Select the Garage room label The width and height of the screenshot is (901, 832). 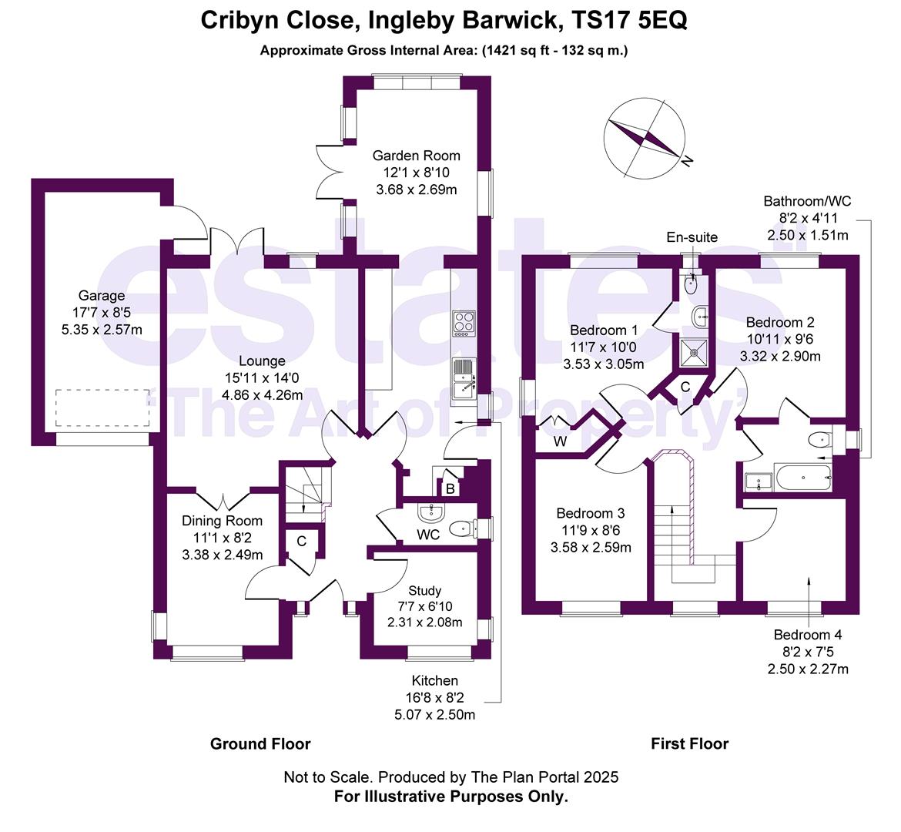[x=101, y=296]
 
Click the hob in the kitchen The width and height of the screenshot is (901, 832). [x=463, y=322]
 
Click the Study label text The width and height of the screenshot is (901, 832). [x=424, y=591]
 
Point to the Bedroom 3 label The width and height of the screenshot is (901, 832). [x=590, y=514]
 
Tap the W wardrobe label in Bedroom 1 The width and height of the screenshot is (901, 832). [x=560, y=442]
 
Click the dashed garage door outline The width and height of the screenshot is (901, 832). [x=102, y=408]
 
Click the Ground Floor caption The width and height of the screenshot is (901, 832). [x=260, y=743]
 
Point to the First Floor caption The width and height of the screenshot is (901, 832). [x=689, y=743]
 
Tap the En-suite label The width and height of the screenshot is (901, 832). [x=692, y=237]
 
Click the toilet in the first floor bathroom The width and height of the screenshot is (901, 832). [x=819, y=440]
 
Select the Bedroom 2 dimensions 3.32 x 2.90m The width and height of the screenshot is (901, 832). [x=779, y=356]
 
